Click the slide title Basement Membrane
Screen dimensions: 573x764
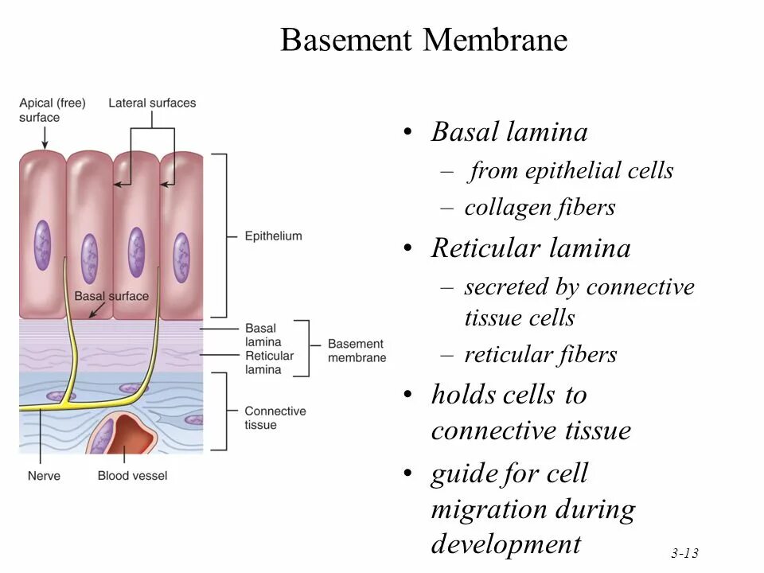(423, 40)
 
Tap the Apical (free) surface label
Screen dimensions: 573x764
(53, 110)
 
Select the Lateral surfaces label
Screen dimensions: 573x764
(152, 103)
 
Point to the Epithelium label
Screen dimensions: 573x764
(273, 236)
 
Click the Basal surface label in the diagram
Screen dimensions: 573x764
(111, 296)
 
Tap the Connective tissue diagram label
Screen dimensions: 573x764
(275, 418)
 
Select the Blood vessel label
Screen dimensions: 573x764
(133, 476)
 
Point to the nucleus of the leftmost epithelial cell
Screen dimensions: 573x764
(42, 244)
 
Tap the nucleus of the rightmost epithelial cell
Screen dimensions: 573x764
(182, 256)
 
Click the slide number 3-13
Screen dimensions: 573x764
(684, 553)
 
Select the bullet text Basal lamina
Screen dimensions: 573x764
(509, 132)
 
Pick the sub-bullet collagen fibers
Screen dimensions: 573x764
(540, 208)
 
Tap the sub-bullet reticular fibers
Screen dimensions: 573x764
(540, 354)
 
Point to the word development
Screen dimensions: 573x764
(506, 544)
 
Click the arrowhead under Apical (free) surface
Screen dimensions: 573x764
(45, 145)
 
